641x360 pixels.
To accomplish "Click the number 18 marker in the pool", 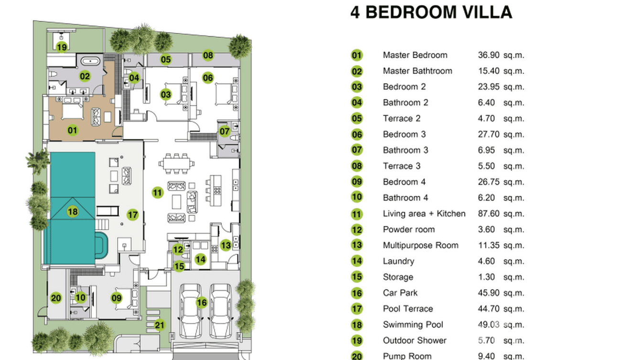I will click(73, 212).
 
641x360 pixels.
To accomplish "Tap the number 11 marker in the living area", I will click(158, 193).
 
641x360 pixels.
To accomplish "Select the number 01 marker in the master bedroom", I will click(72, 130).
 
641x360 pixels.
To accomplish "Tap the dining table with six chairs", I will click(177, 163).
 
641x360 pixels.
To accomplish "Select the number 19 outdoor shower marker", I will click(62, 47).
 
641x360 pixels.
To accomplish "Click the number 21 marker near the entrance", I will click(160, 326).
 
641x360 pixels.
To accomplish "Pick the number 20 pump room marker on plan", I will click(56, 298).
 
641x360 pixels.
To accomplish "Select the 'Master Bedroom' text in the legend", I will click(415, 55).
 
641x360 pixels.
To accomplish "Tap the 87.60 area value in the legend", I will click(489, 213).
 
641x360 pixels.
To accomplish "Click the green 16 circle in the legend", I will click(357, 293).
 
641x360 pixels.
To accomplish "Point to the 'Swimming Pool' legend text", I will click(413, 325).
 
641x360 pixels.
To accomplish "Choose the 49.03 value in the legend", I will click(489, 325).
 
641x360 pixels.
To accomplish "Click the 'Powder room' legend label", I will click(408, 229).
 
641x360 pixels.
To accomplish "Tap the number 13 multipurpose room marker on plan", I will click(226, 245).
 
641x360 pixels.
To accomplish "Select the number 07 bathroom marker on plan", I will click(224, 131).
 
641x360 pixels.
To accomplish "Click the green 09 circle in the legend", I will click(357, 182).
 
